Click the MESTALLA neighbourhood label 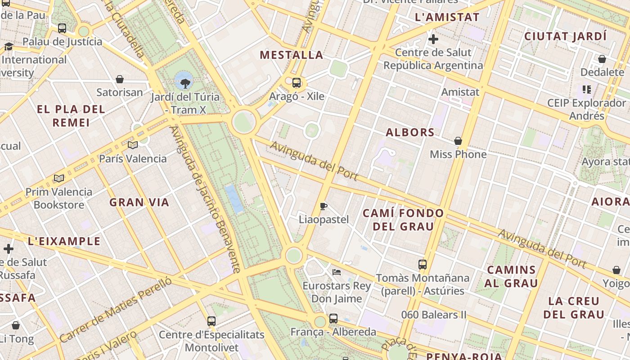pyautogui.click(x=292, y=55)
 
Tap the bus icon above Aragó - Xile pyautogui.click(x=297, y=83)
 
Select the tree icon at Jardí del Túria pyautogui.click(x=184, y=83)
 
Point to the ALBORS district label pyautogui.click(x=410, y=133)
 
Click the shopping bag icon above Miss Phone pyautogui.click(x=458, y=141)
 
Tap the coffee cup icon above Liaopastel pyautogui.click(x=323, y=207)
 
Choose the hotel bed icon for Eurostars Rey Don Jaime pyautogui.click(x=336, y=272)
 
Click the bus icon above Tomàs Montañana pyautogui.click(x=422, y=264)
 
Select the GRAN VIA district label pyautogui.click(x=139, y=202)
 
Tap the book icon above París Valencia pyautogui.click(x=132, y=145)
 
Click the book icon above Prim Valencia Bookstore pyautogui.click(x=59, y=178)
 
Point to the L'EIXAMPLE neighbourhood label pyautogui.click(x=64, y=241)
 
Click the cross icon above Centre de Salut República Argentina pyautogui.click(x=433, y=40)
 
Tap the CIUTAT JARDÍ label pyautogui.click(x=566, y=36)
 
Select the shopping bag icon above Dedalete pyautogui.click(x=602, y=59)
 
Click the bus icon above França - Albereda pyautogui.click(x=333, y=319)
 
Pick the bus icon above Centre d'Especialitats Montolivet pyautogui.click(x=211, y=321)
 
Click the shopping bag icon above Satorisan pyautogui.click(x=120, y=79)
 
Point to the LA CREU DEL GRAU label pyautogui.click(x=574, y=308)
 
